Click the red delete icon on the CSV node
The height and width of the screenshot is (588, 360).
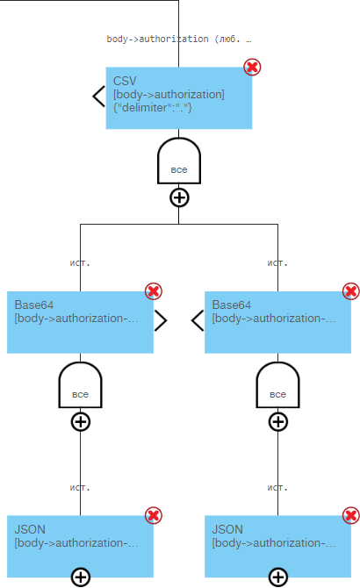click(252, 67)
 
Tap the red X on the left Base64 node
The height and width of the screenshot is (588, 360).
click(154, 291)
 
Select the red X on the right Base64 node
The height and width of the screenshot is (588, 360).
click(351, 291)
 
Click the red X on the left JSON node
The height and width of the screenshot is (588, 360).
click(154, 516)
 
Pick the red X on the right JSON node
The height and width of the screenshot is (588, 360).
click(351, 516)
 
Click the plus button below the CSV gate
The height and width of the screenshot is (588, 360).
click(179, 197)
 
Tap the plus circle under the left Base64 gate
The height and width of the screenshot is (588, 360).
click(80, 422)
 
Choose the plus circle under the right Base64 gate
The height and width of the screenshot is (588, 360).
click(277, 422)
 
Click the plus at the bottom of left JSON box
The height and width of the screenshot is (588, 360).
click(80, 577)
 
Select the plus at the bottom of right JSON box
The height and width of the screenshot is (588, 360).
click(277, 577)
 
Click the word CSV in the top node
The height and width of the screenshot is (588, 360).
click(125, 81)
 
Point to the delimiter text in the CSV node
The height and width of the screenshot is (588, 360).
click(153, 108)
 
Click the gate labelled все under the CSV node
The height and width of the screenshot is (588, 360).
click(179, 161)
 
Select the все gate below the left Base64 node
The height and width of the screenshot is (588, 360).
click(80, 385)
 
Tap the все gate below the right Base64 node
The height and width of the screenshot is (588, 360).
click(277, 385)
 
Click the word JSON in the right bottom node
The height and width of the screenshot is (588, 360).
click(227, 529)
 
